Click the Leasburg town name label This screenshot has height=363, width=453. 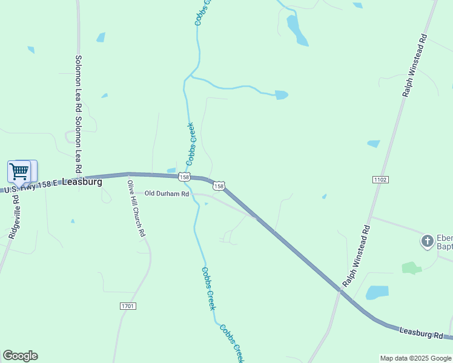82,181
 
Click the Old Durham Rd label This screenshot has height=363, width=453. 167,194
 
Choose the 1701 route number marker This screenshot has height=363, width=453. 128,306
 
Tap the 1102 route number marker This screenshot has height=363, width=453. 380,180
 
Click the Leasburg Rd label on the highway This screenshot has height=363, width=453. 422,332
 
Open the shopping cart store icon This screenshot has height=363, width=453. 19,171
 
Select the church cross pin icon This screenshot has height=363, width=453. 428,242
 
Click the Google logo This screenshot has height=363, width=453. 20,356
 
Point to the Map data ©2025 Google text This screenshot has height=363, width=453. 415,358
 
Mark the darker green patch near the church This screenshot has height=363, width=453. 411,267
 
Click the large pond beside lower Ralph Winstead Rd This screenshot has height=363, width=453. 377,292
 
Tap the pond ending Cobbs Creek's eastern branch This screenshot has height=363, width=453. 281,95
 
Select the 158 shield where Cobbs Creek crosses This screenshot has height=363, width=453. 185,177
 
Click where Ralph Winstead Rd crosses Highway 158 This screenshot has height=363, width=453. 340,290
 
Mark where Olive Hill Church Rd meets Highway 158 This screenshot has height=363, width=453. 128,174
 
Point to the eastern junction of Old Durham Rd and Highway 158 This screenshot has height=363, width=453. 254,215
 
